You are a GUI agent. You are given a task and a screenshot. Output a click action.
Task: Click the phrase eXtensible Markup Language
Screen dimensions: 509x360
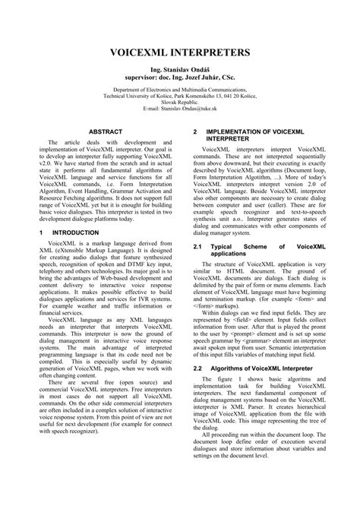85,250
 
